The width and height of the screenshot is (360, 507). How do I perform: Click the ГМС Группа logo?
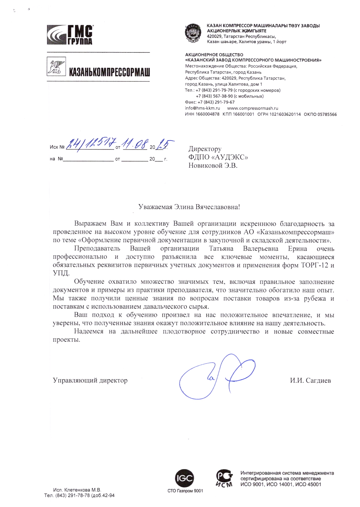coord(70,35)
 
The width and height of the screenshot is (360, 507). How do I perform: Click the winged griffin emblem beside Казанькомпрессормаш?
coord(56,67)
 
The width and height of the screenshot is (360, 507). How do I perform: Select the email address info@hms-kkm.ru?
coord(202,108)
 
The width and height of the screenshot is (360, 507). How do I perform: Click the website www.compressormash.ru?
coord(252,108)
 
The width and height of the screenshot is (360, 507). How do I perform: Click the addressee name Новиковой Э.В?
coord(213,166)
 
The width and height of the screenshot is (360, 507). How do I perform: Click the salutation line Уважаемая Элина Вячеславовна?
coord(189,207)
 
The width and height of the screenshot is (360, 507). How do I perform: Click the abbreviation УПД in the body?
coord(61,273)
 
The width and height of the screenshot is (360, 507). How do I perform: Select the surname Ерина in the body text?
coord(298,249)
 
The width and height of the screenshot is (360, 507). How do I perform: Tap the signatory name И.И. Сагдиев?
coord(310,381)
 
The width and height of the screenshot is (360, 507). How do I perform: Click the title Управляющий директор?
coord(90,380)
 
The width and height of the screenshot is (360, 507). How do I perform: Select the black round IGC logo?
coord(185,478)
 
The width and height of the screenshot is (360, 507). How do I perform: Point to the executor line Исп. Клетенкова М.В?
coord(77,490)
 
